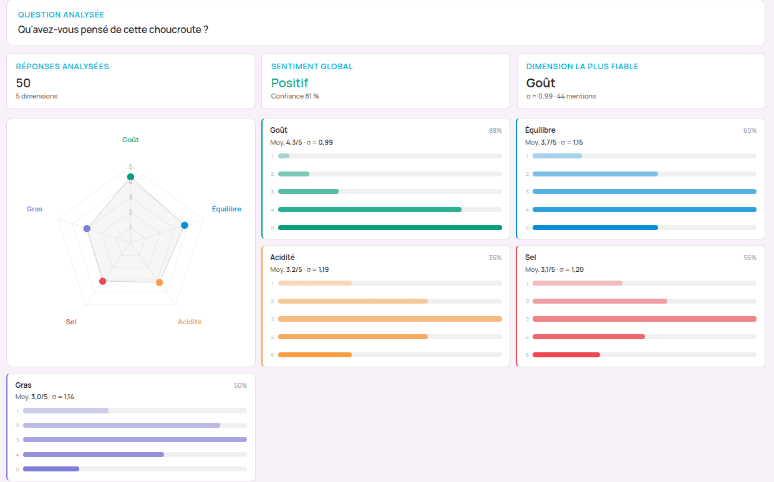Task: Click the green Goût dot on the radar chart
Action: tap(130, 177)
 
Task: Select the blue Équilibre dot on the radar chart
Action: tap(185, 225)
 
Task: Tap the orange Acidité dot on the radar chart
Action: tap(159, 282)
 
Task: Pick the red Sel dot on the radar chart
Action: tap(103, 281)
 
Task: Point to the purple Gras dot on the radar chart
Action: tap(87, 228)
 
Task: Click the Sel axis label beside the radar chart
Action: tap(71, 322)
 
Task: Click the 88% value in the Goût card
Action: tap(495, 130)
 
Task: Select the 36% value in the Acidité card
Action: tap(495, 258)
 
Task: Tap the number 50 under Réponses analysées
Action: tap(23, 83)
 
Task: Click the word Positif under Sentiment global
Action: tap(289, 83)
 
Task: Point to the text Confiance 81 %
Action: tap(295, 96)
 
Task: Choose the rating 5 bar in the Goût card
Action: tap(390, 228)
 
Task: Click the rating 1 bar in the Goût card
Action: tap(284, 156)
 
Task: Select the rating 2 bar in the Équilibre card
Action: tap(595, 174)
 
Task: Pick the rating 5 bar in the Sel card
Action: tap(566, 355)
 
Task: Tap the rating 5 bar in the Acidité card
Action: tap(315, 355)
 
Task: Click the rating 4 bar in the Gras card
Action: tap(94, 455)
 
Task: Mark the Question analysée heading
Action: tap(61, 14)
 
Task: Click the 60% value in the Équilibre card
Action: tap(750, 130)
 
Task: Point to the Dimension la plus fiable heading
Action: tap(583, 66)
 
